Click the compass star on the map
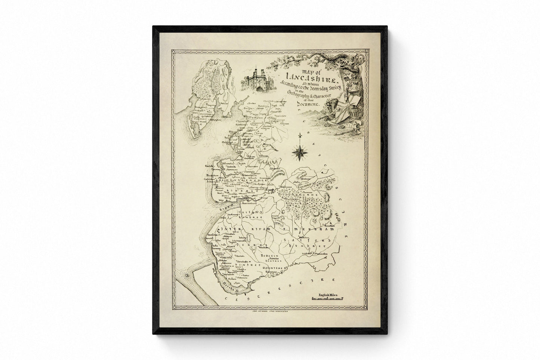pyautogui.click(x=299, y=151)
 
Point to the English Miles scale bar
pyautogui.click(x=326, y=299)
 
